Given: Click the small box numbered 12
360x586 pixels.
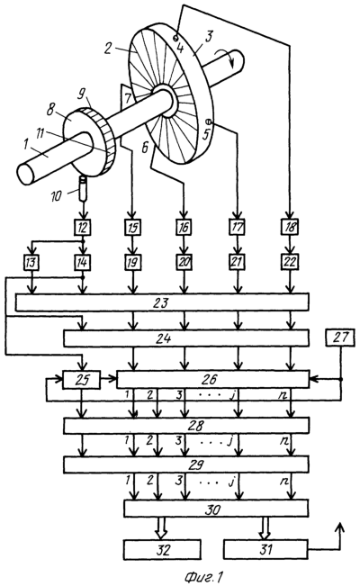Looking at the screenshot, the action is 83,227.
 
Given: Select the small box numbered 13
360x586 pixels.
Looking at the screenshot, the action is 31,262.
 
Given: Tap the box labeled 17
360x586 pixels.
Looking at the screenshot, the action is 237,227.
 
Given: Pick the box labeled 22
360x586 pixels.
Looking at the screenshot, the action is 290,262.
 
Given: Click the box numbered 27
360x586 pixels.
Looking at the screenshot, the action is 340,338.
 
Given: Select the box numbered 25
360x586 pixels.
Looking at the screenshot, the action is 82,380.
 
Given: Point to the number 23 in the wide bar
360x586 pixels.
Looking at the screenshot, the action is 161,302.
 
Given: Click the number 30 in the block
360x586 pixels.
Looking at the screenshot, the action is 212,509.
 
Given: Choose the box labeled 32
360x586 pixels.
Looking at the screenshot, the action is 162,550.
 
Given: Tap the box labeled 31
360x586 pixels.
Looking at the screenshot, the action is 265,550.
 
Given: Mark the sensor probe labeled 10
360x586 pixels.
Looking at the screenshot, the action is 83,188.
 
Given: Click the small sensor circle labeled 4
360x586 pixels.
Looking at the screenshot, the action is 175,38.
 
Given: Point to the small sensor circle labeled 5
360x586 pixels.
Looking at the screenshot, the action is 209,122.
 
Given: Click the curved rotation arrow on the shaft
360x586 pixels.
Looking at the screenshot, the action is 226,58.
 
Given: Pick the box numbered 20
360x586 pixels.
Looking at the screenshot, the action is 184,262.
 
